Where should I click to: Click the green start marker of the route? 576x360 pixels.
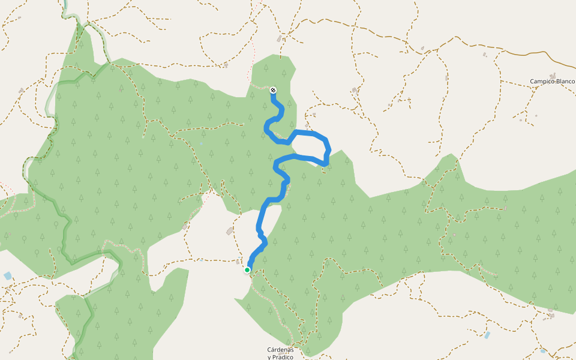click(247, 270)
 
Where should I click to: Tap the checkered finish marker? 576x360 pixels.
click(274, 91)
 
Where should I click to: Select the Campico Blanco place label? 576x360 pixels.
click(552, 81)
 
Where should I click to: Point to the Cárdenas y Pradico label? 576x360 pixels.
click(280, 353)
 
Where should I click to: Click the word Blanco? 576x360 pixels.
click(565, 81)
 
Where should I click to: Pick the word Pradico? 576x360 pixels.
click(282, 358)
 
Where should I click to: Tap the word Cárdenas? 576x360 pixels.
click(280, 350)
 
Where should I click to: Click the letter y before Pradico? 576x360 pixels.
click(269, 358)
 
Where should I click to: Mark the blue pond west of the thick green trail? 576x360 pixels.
click(7, 275)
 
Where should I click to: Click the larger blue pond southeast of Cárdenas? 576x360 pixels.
click(487, 335)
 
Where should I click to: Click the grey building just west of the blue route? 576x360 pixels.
click(230, 232)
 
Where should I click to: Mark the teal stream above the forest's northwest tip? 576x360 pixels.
click(64, 9)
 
